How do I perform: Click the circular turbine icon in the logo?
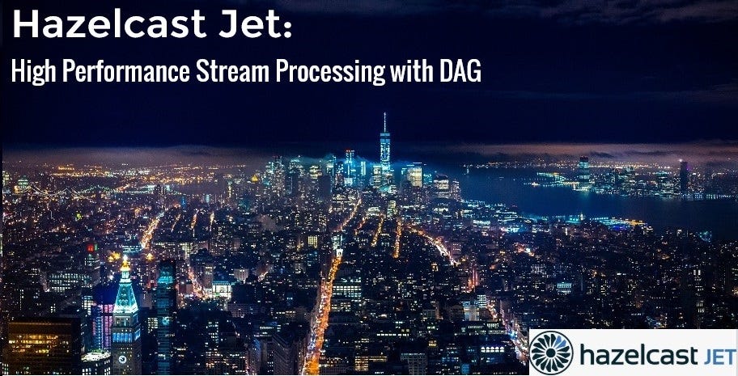(551, 352)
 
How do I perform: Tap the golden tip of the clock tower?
(125, 262)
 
